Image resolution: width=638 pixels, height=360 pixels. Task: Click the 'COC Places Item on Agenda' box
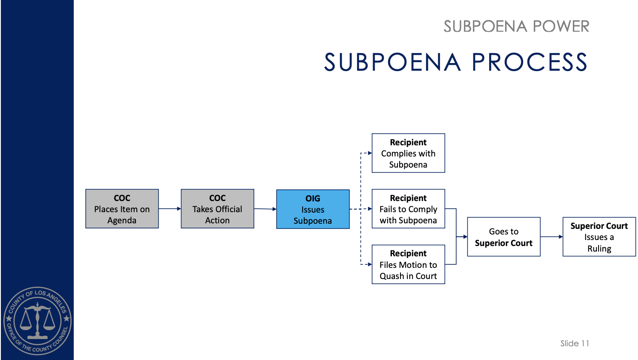click(122, 209)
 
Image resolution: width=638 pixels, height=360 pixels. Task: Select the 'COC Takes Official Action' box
click(217, 209)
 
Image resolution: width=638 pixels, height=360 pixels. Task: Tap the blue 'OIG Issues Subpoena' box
click(313, 209)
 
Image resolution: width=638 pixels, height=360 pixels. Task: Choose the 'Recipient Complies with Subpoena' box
click(408, 153)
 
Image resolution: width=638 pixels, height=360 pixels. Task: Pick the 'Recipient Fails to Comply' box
click(408, 209)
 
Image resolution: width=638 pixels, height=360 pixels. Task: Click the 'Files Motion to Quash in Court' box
click(408, 264)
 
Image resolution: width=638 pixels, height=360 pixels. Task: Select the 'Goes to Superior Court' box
click(503, 237)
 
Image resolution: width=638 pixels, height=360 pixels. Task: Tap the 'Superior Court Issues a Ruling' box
click(599, 237)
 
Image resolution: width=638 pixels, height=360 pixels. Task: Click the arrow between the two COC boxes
click(170, 209)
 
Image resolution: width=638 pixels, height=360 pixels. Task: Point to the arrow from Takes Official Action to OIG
click(265, 209)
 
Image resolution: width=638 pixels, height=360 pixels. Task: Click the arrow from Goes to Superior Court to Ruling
click(551, 237)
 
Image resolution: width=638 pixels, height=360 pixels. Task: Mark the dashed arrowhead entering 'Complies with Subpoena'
click(370, 153)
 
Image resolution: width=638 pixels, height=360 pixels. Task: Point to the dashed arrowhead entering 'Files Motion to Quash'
click(370, 264)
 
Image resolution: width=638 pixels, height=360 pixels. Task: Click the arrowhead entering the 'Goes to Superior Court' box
click(465, 237)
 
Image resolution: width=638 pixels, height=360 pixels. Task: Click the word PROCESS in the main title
click(530, 62)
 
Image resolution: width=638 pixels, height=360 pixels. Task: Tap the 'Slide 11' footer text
click(575, 343)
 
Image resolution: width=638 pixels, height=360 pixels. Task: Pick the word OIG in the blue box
click(313, 198)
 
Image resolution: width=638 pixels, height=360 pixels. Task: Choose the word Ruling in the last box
click(599, 249)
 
